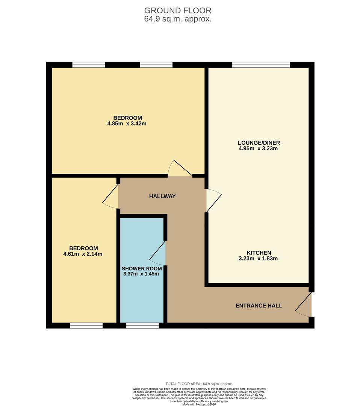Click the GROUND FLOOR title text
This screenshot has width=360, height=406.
point(178,11)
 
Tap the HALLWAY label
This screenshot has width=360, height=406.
point(162,196)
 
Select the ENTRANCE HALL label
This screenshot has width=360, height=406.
point(259,306)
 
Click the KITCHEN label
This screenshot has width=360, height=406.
point(259,253)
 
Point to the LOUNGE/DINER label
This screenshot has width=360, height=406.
point(259,143)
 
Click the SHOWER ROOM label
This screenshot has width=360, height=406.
point(142,268)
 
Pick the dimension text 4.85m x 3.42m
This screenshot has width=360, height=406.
point(127,123)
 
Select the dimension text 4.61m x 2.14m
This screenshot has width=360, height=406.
point(83,254)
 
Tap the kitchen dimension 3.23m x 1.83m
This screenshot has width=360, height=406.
point(259,259)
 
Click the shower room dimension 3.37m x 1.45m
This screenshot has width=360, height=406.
point(141,274)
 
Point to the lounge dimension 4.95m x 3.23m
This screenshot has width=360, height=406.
point(258,148)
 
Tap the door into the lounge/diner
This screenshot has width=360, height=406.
point(213,200)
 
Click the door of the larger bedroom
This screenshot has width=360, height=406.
point(179,169)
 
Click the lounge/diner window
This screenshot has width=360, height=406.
point(261,65)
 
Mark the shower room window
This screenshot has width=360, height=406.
point(142,326)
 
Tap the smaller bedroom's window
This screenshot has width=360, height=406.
point(86,326)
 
